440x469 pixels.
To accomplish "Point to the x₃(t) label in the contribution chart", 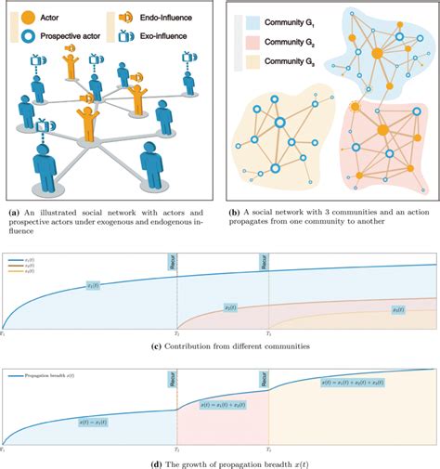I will [399, 309].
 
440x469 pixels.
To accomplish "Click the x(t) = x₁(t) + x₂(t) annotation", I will [223, 406].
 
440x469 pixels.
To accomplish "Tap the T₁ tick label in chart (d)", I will [4, 450].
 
